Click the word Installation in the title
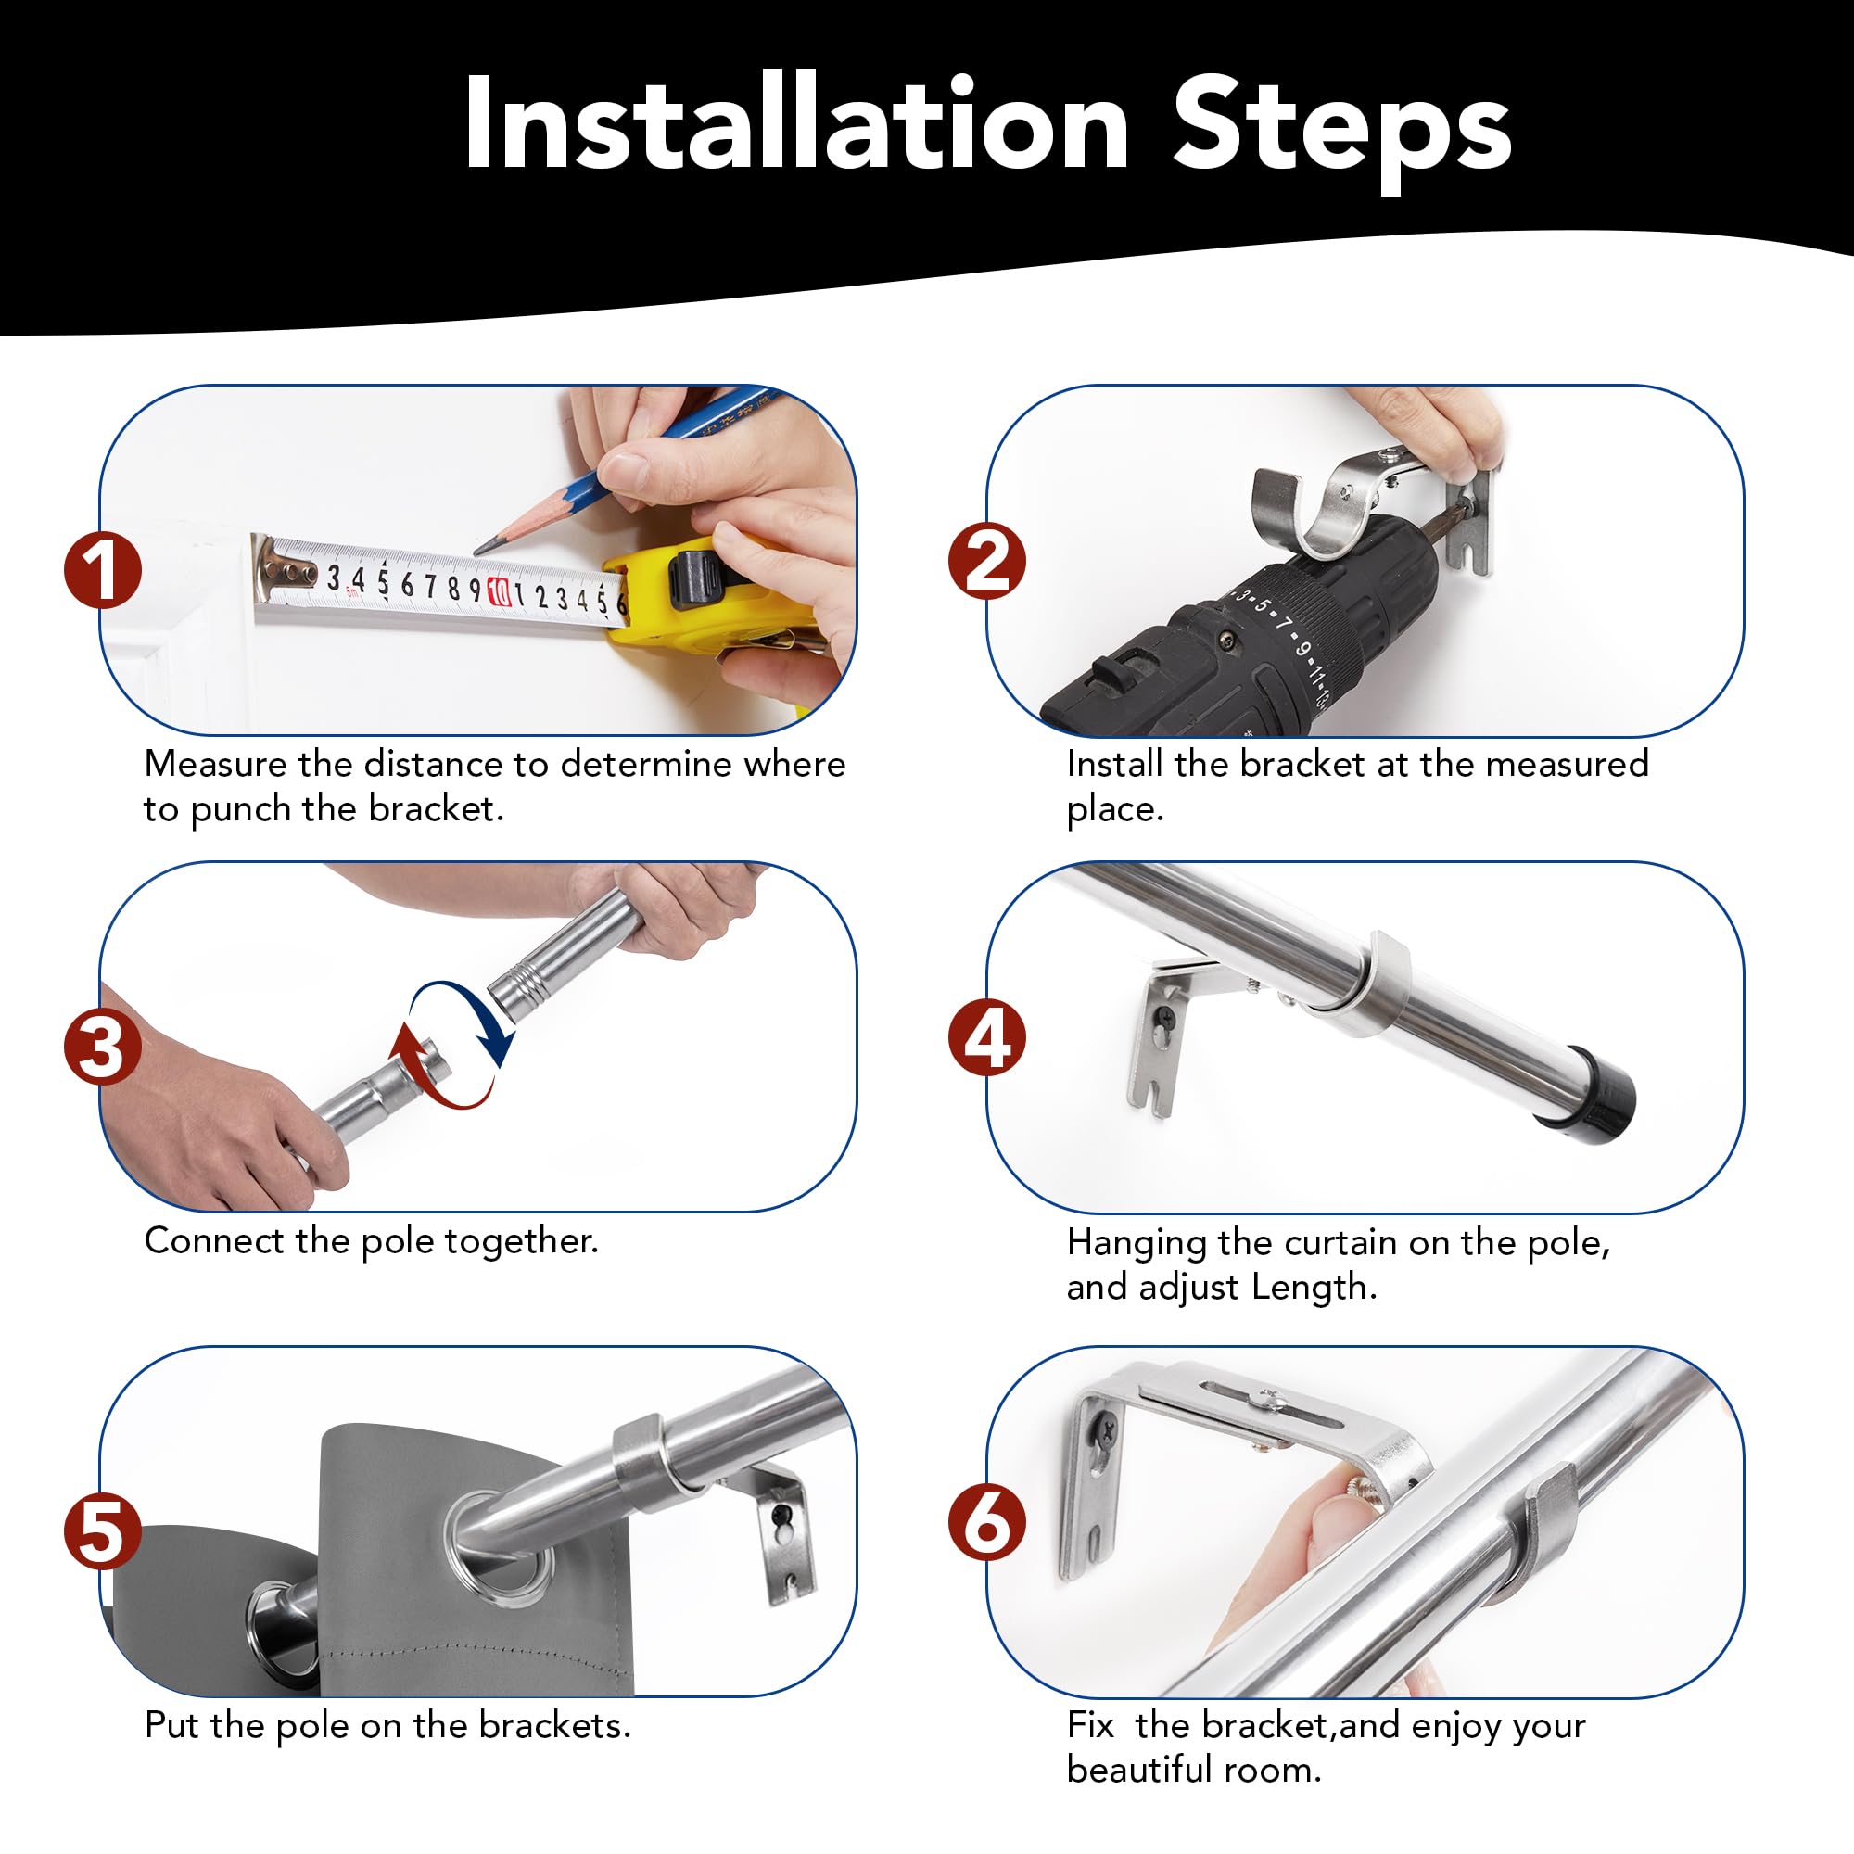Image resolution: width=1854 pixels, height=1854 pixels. [796, 125]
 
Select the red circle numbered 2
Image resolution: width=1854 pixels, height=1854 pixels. [987, 562]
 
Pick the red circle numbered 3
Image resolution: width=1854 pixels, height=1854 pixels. [103, 1046]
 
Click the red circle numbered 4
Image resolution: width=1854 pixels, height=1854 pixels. [987, 1038]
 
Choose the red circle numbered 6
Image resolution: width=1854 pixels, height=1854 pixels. [987, 1523]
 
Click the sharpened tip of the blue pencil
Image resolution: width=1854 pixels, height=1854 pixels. [476, 551]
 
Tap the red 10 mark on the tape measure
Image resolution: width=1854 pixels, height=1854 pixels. [498, 592]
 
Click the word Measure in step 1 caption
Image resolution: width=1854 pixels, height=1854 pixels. [216, 764]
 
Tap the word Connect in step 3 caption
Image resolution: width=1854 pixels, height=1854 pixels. [214, 1241]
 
